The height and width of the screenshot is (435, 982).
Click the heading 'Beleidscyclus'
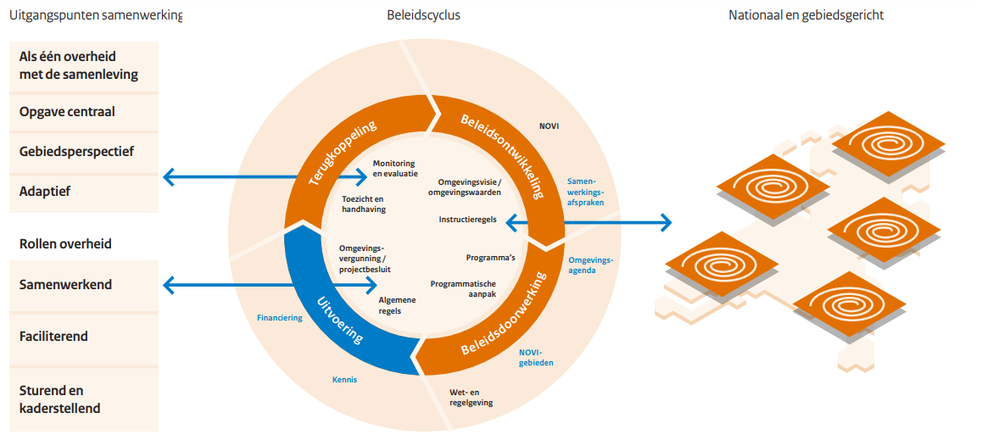tap(423, 15)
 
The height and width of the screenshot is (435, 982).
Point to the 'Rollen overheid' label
tap(65, 244)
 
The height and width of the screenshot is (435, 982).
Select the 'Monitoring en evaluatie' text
tap(394, 168)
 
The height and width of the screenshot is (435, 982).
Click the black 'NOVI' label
tap(549, 126)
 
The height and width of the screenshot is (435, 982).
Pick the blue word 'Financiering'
tap(279, 318)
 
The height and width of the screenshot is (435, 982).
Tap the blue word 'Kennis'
tap(344, 380)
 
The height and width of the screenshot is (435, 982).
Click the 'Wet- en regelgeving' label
tap(471, 397)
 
